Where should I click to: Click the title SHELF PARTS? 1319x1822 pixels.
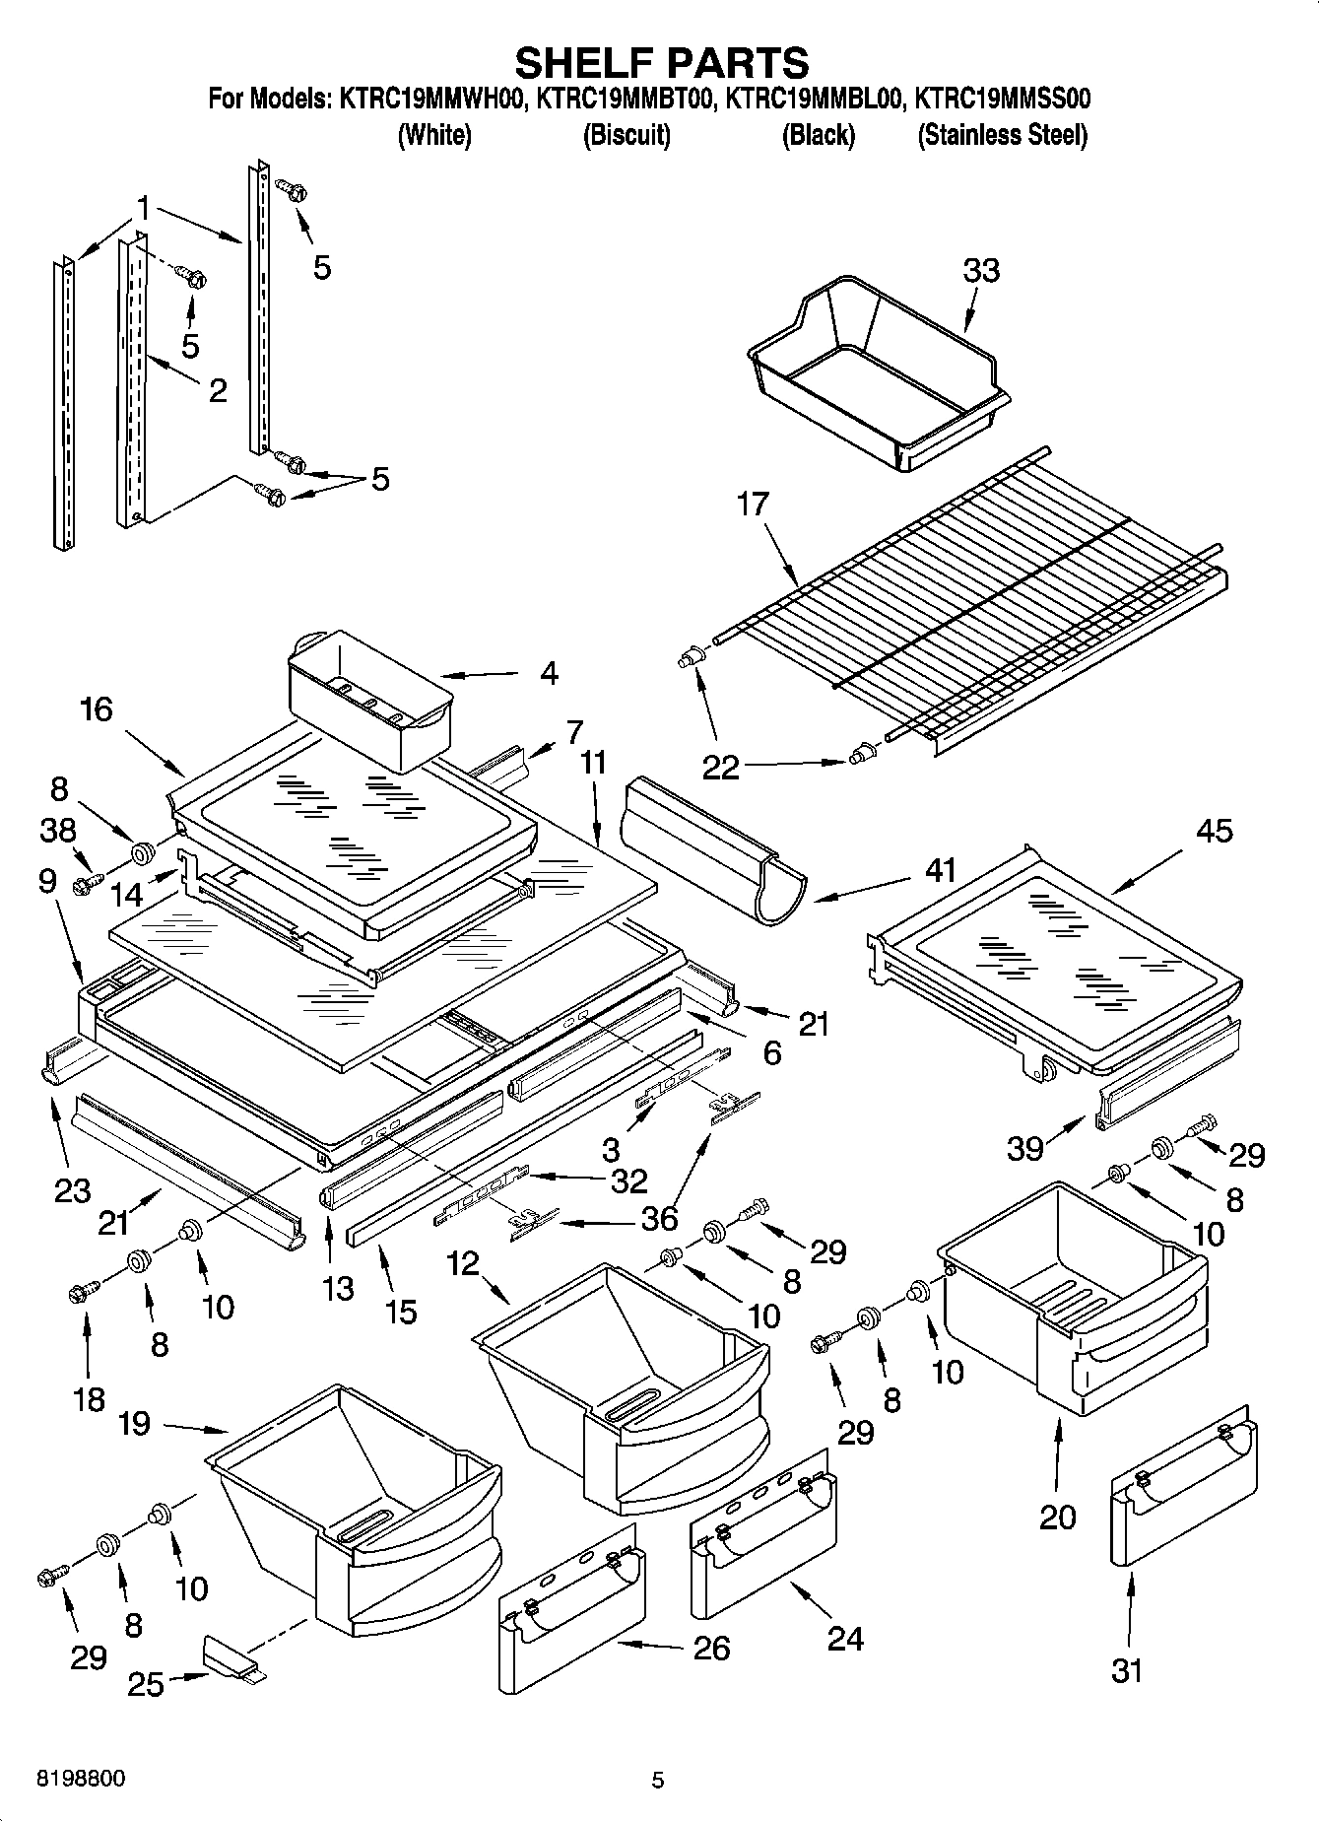tap(661, 63)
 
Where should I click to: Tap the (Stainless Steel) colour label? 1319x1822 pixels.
tap(1002, 135)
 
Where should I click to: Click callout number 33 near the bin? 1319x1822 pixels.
tap(980, 270)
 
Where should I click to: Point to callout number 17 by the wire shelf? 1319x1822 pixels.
tap(752, 505)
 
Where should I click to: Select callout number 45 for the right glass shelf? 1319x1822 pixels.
tap(1214, 830)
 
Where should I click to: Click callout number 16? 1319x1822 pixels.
tap(97, 709)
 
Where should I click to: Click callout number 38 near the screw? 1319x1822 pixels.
tap(58, 830)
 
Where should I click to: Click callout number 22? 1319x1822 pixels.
tap(720, 767)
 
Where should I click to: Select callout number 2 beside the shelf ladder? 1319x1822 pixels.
tap(218, 390)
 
